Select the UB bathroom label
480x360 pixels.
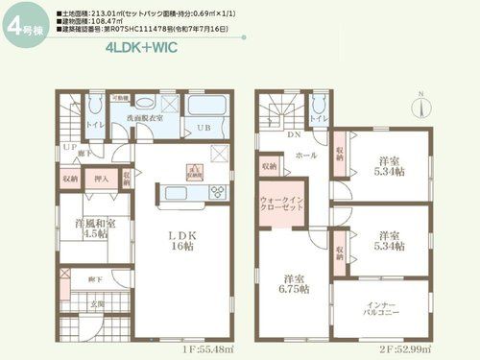point(204,128)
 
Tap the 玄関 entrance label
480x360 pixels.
point(99,305)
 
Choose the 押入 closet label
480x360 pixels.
point(101,178)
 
